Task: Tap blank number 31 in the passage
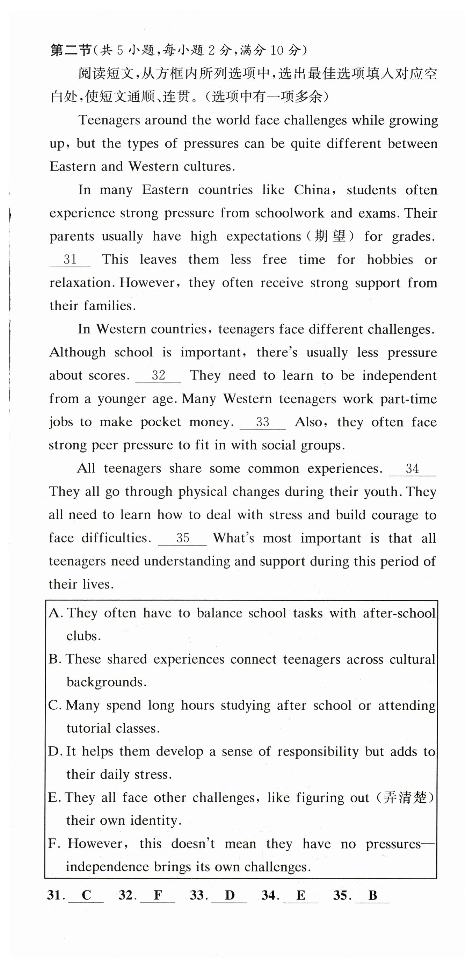(70, 259)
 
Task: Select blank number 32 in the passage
(158, 375)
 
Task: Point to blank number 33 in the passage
(263, 421)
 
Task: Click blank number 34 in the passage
(412, 468)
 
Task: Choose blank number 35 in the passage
(183, 538)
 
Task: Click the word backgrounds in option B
(106, 682)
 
